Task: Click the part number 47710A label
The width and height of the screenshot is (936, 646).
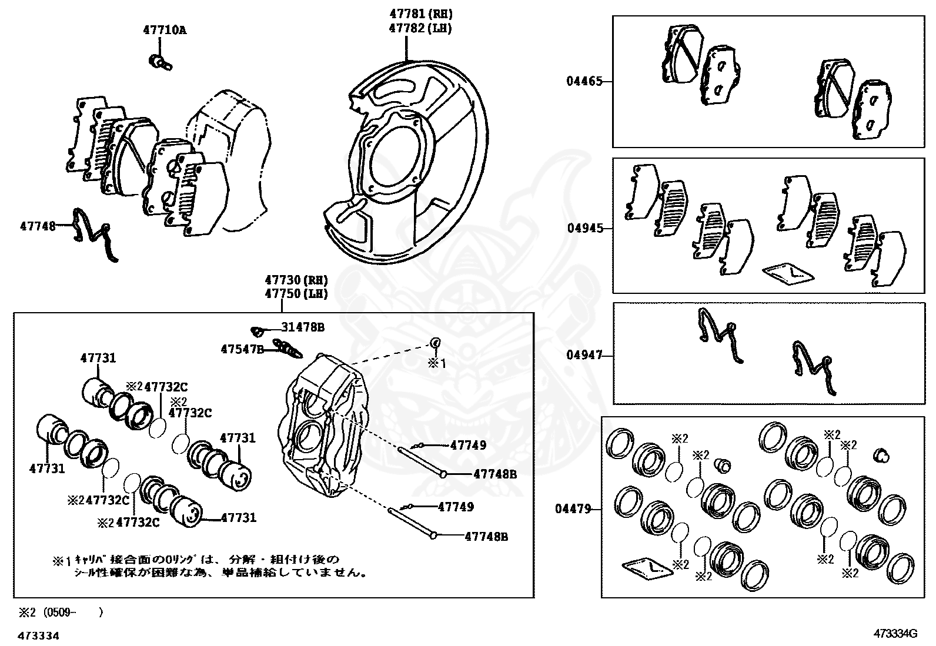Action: pos(164,29)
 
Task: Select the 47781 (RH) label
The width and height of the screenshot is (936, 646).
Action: pos(421,14)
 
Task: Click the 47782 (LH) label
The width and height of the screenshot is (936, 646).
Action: pos(421,28)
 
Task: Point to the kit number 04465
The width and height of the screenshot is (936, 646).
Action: pos(584,81)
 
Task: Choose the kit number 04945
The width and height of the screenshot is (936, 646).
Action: pos(585,228)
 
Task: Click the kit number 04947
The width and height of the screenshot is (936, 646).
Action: pos(584,355)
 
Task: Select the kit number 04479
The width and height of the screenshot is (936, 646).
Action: pos(573,509)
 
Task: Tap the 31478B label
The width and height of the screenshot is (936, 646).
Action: pos(302,327)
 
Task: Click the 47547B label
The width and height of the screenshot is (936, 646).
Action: pos(242,349)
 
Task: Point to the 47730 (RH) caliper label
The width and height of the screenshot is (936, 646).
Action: pos(296,280)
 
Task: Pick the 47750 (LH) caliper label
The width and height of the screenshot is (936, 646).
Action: pos(296,293)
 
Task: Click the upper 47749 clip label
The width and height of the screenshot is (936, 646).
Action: pos(468,445)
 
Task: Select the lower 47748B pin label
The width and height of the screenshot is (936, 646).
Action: pos(486,536)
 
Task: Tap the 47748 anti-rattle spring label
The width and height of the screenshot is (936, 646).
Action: pos(38,225)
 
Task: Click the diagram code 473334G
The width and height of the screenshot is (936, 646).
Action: pos(895,634)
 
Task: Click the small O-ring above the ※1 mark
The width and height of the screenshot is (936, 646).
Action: pos(436,342)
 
